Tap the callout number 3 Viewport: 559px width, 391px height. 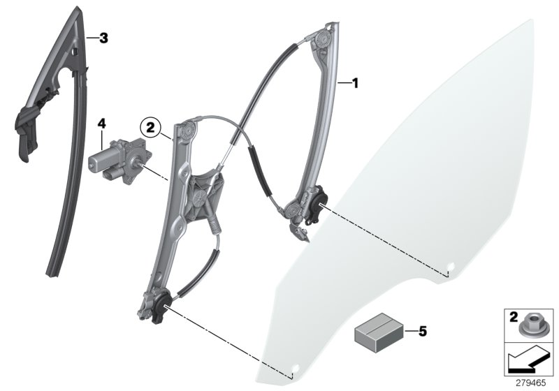click(103, 38)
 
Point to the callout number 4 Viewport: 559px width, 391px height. click(102, 124)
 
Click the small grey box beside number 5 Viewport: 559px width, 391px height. click(378, 330)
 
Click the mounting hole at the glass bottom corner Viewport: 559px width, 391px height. click(295, 367)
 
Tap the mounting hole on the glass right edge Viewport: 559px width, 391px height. click(451, 266)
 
